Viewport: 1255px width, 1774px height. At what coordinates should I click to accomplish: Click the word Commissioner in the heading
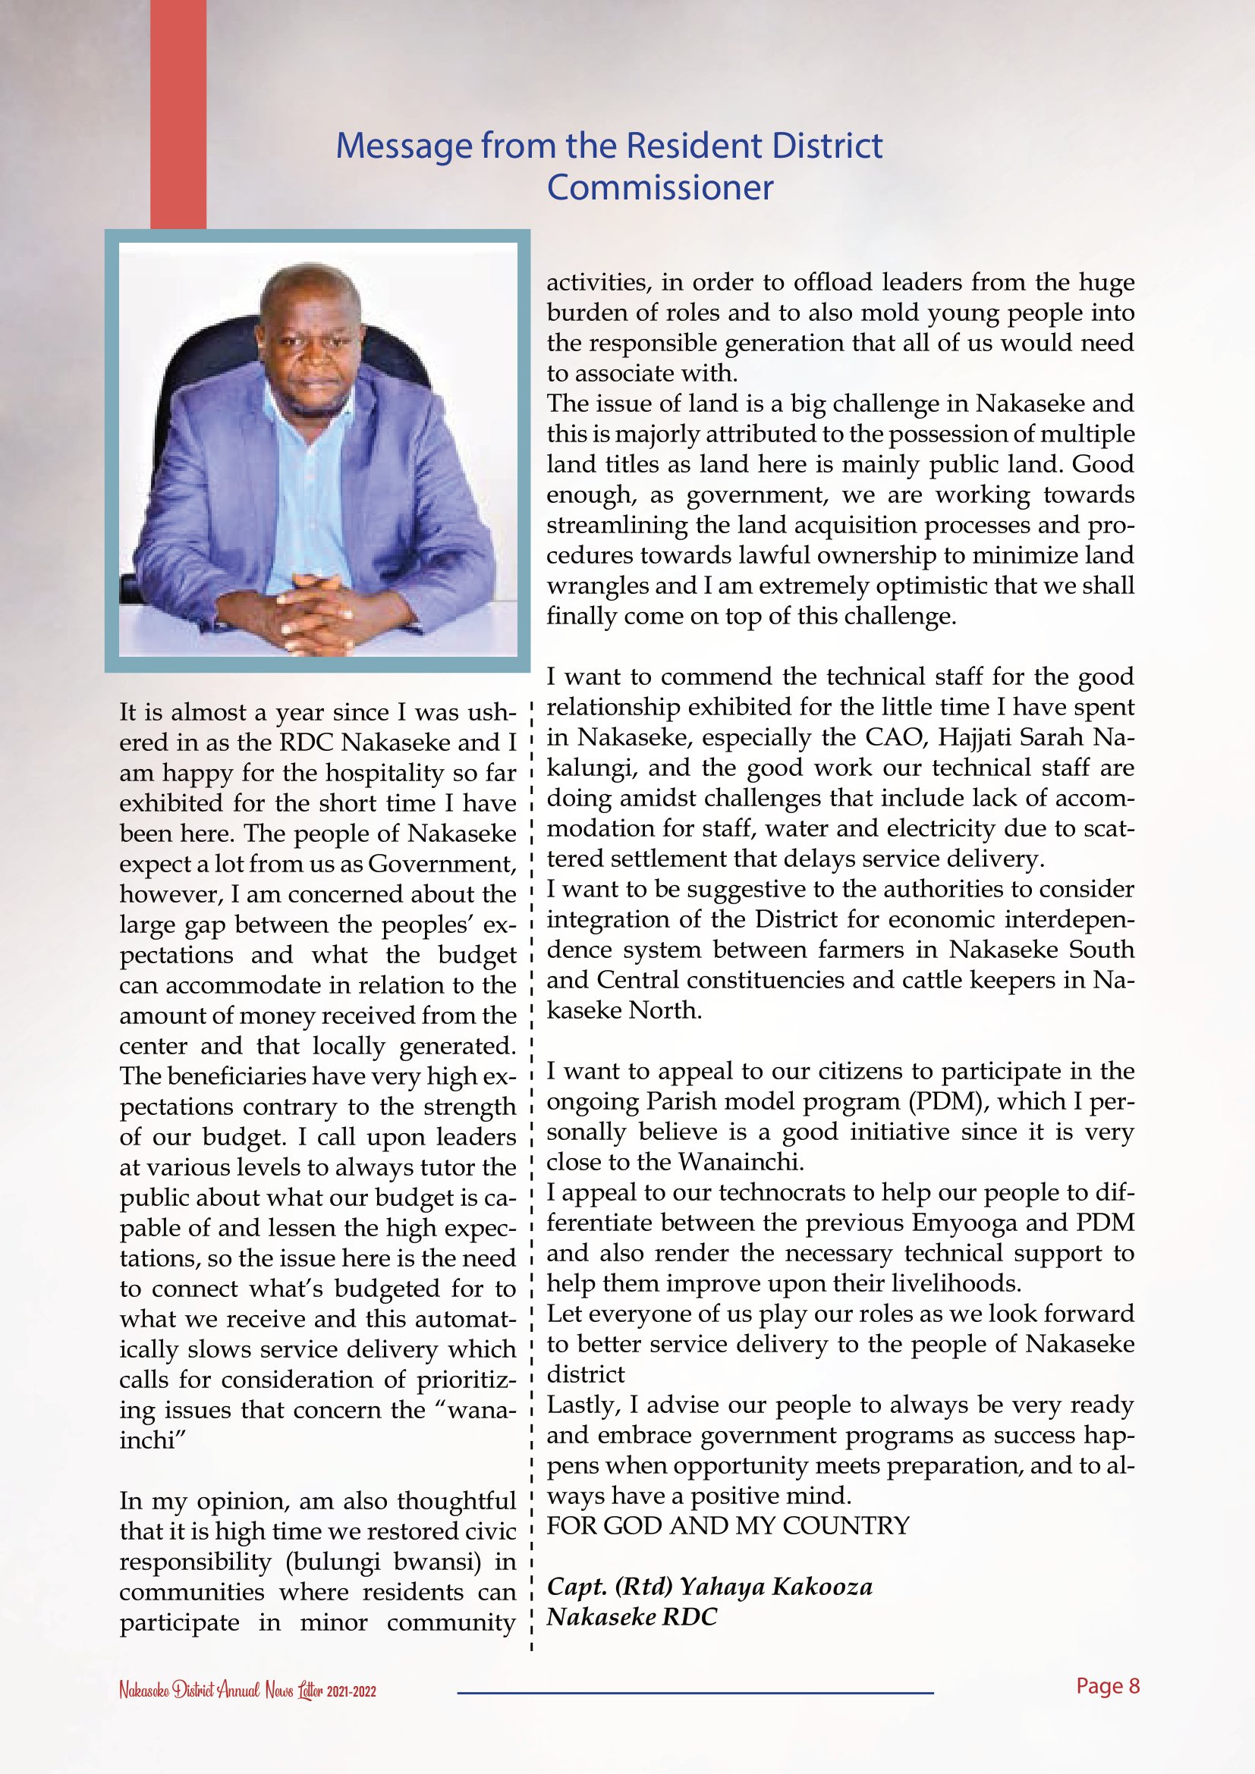coord(659,188)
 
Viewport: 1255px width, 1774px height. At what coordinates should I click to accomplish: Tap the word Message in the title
coord(404,146)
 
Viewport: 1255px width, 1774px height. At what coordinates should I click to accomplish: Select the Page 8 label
coord(1107,1685)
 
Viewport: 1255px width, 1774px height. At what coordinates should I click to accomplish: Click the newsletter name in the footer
coord(247,1691)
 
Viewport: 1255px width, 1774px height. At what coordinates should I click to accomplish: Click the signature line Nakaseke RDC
coord(631,1616)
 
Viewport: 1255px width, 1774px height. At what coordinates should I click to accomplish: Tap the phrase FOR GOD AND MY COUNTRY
coord(728,1526)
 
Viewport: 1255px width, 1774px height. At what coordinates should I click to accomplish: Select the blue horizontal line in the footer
coord(695,1693)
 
